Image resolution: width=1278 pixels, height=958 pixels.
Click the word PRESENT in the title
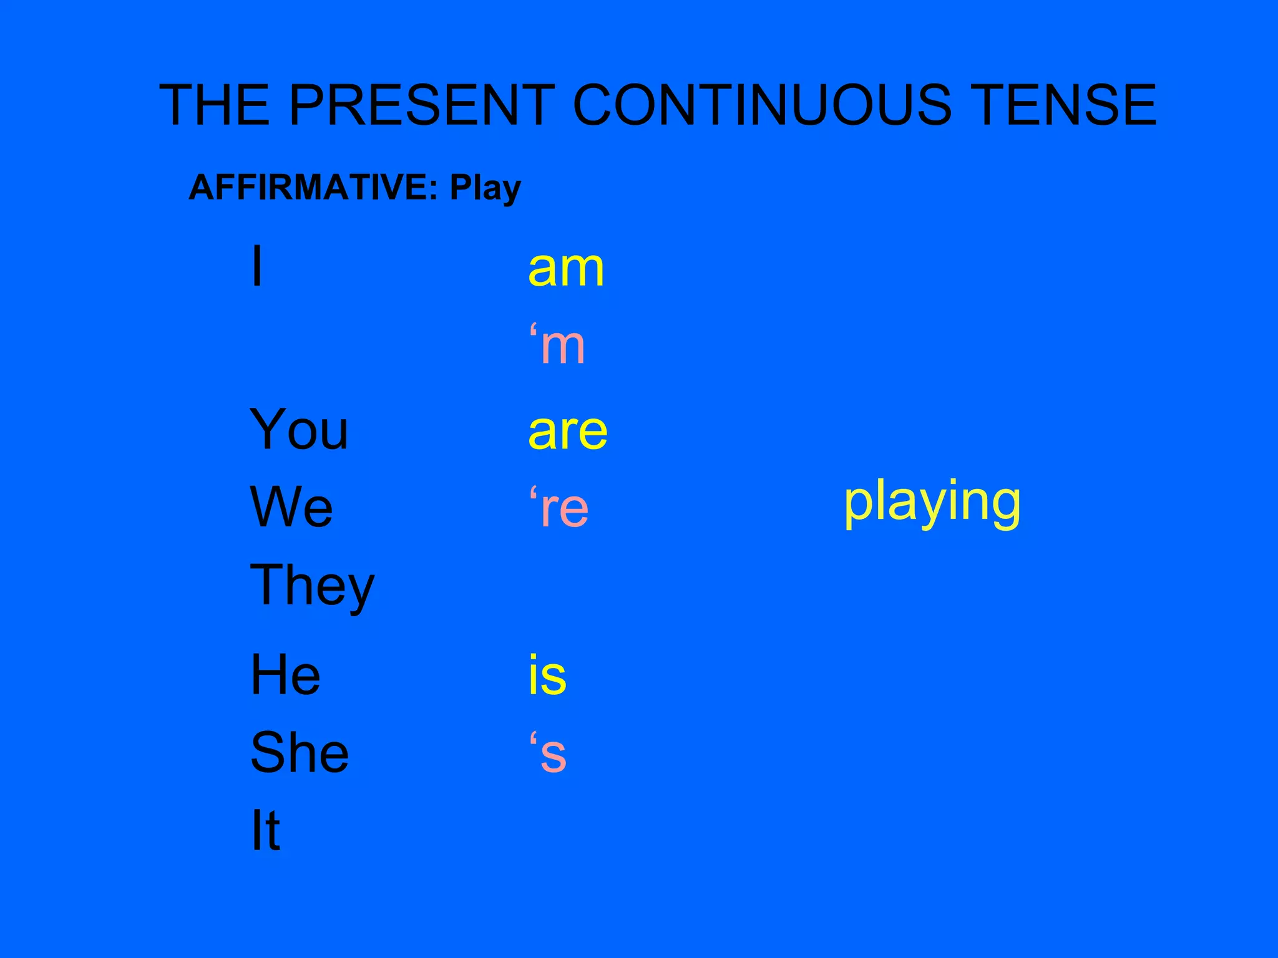(422, 105)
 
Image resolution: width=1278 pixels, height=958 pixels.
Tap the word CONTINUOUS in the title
(762, 105)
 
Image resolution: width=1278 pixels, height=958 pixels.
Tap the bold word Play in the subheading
(485, 188)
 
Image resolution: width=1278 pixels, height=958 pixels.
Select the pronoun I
(256, 267)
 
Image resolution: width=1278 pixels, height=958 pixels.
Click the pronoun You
(299, 429)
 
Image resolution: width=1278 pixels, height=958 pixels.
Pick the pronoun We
(291, 506)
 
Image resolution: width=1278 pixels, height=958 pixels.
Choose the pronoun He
(285, 675)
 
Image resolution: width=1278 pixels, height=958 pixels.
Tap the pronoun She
(300, 753)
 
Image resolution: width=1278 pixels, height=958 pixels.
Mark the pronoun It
(265, 830)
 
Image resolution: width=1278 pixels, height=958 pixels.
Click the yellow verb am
(566, 269)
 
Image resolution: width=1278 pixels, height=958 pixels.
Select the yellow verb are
(568, 432)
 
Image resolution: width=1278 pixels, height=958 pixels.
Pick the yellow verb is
(547, 675)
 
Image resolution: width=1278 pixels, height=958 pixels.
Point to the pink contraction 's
(548, 753)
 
